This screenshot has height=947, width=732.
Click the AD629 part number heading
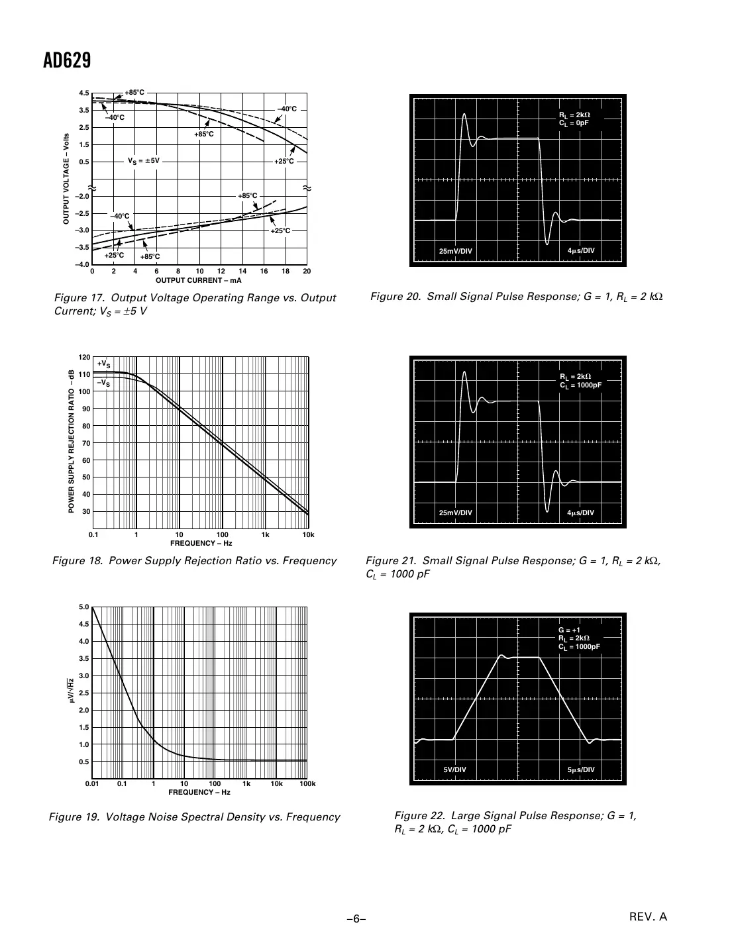[x=67, y=61]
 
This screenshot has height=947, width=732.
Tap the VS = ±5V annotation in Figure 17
[x=144, y=161]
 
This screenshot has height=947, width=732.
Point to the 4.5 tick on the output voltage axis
[x=84, y=93]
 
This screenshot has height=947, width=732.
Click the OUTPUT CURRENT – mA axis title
[x=198, y=280]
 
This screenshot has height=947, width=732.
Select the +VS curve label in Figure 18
[x=103, y=364]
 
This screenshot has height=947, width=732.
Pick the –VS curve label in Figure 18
[x=103, y=383]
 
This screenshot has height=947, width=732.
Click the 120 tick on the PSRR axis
[x=83, y=358]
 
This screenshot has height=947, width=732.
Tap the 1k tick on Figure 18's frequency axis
[x=265, y=534]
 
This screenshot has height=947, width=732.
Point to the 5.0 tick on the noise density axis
[x=84, y=607]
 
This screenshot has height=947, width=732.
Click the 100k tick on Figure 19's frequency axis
[x=307, y=784]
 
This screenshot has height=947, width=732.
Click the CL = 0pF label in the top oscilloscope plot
[x=574, y=123]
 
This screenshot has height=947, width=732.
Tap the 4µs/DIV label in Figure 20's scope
[x=582, y=250]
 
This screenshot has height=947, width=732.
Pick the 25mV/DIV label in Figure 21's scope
[x=456, y=513]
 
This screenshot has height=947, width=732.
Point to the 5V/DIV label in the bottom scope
[x=455, y=770]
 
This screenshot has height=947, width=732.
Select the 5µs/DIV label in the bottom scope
[x=582, y=770]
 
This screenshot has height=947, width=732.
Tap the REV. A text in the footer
[x=648, y=917]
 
